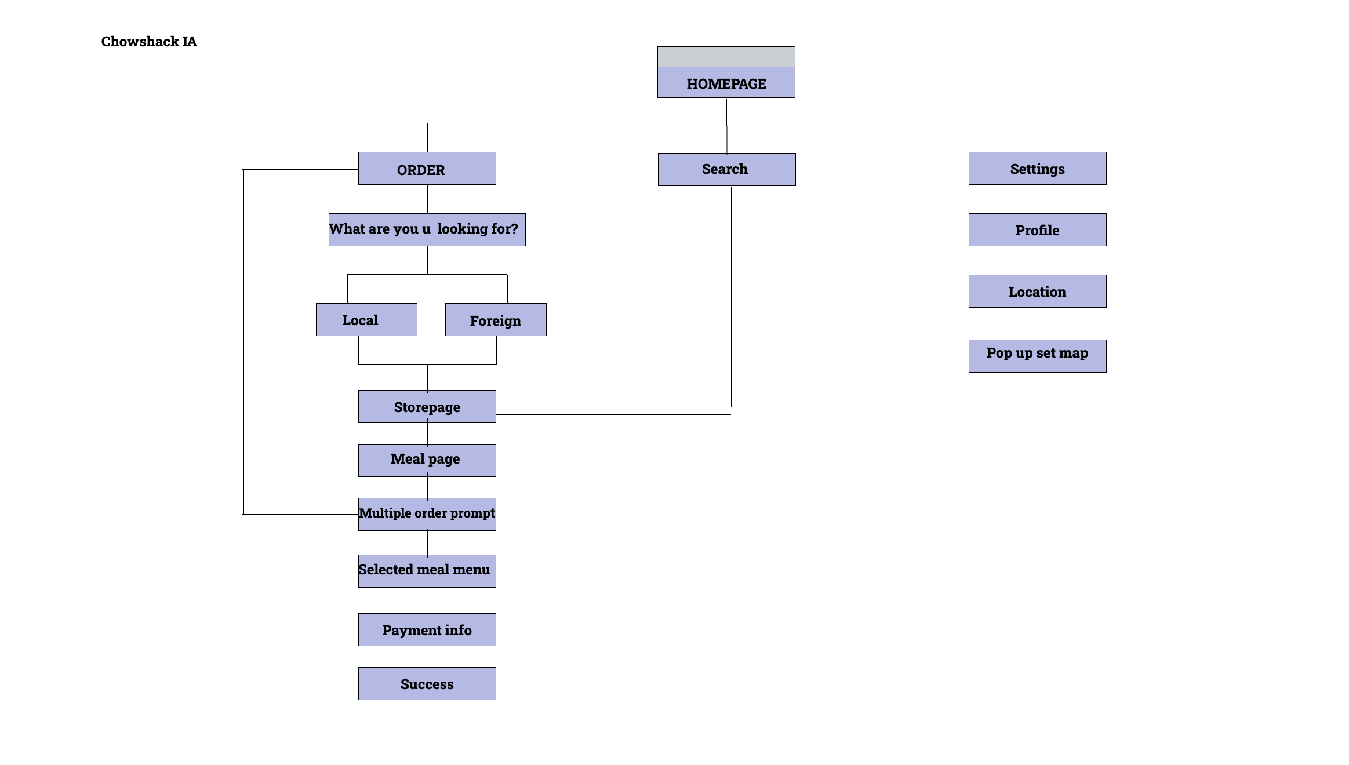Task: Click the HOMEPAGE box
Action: click(726, 83)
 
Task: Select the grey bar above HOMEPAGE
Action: click(726, 57)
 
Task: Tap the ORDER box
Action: click(427, 169)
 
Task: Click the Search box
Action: click(726, 169)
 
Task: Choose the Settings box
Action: click(1037, 169)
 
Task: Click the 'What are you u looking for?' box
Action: click(427, 230)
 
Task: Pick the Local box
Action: click(366, 320)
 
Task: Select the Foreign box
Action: click(496, 320)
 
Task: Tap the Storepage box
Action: click(427, 407)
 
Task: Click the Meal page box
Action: click(427, 460)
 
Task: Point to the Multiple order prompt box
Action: click(427, 514)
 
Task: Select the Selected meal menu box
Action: click(427, 571)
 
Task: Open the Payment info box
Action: click(427, 629)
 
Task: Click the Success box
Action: click(427, 684)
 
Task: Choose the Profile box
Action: click(1037, 230)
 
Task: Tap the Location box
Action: click(1037, 292)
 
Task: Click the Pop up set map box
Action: click(1037, 356)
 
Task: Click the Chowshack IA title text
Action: click(149, 42)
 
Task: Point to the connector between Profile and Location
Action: click(1038, 261)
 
